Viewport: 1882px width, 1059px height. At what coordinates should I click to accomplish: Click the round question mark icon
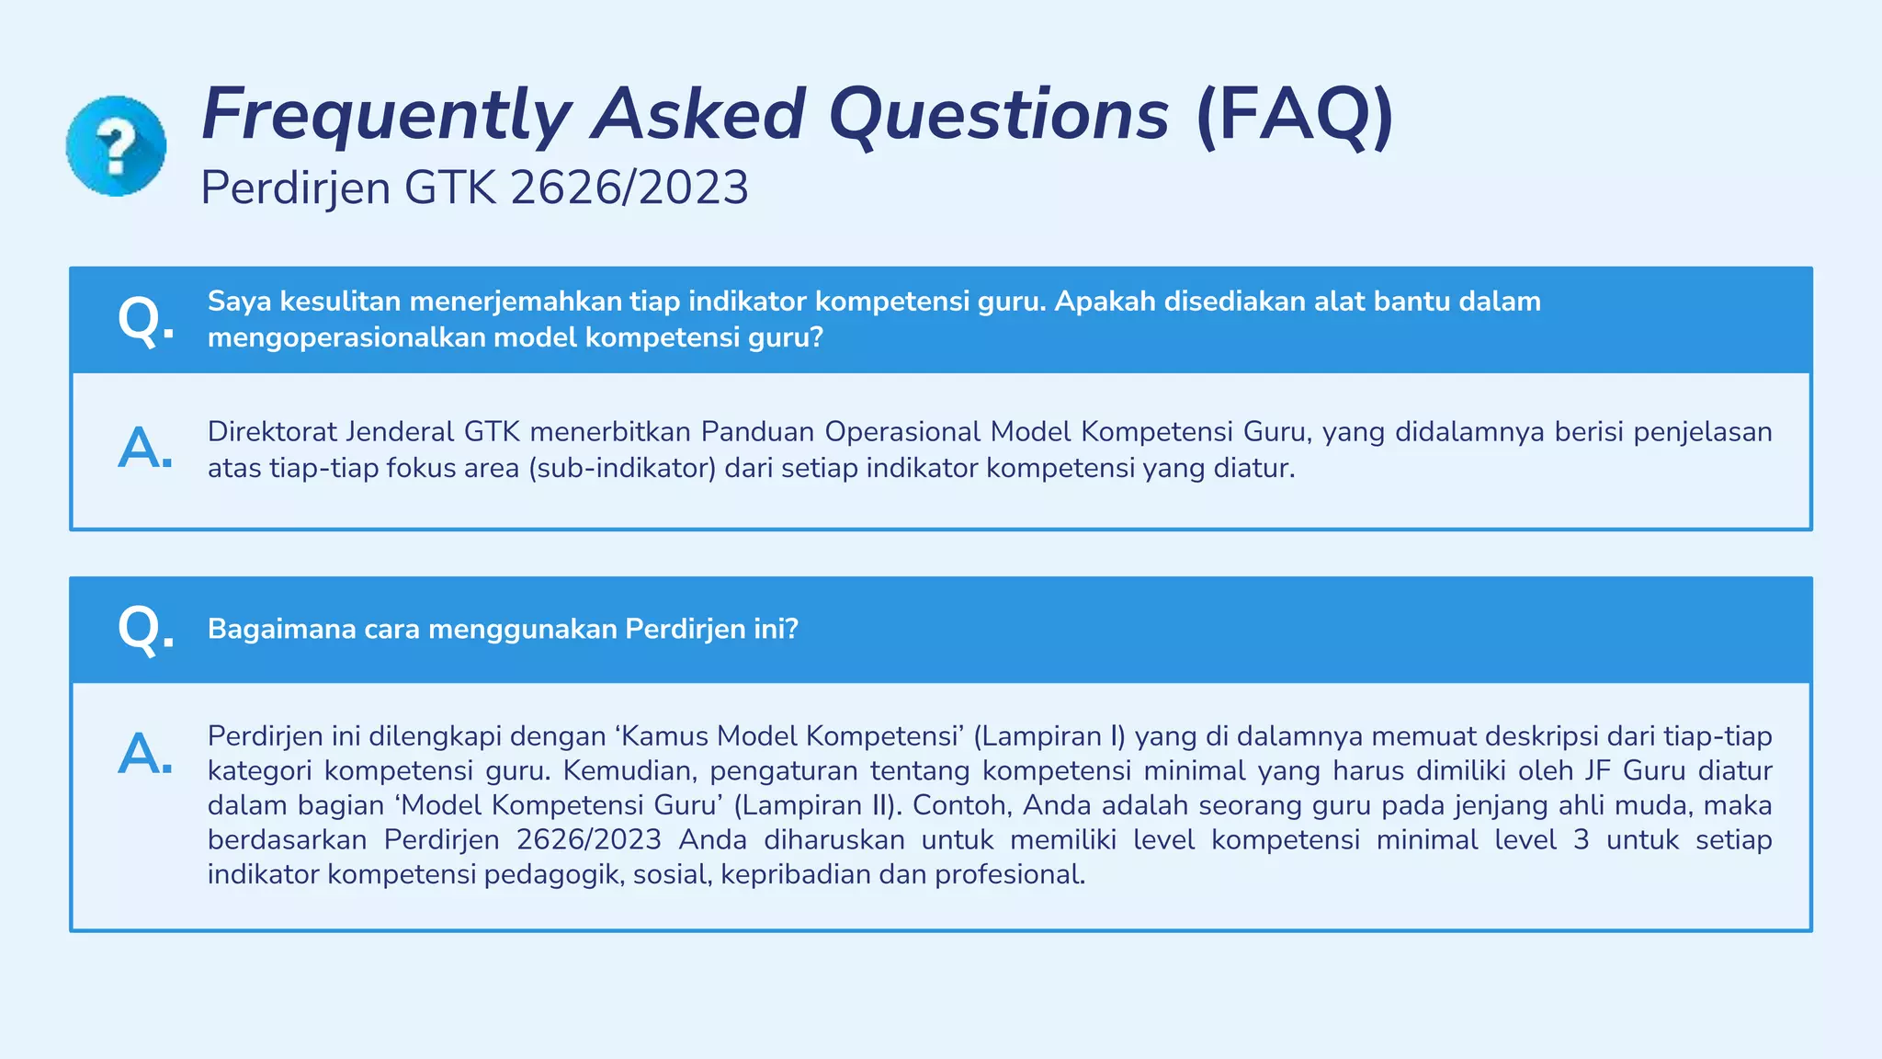116,146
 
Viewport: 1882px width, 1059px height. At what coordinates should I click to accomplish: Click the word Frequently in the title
386,115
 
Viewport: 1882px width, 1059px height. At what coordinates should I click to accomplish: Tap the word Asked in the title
698,115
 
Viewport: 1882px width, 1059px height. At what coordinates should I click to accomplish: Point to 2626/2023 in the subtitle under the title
629,188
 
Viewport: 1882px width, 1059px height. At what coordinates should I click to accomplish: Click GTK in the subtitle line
450,188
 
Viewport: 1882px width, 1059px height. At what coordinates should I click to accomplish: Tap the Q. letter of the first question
145,320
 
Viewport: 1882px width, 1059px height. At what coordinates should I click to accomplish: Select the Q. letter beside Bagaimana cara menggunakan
145,630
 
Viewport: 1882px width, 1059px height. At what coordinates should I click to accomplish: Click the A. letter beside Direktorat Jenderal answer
145,449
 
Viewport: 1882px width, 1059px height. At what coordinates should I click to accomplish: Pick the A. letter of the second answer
145,754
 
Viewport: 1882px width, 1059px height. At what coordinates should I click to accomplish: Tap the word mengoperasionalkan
346,338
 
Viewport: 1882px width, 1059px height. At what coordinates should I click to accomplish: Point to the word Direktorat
266,432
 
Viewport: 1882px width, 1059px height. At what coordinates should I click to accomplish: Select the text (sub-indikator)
622,469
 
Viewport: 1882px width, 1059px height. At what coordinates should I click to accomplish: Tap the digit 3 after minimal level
1581,840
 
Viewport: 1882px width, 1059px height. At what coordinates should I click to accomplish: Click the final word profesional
1010,874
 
